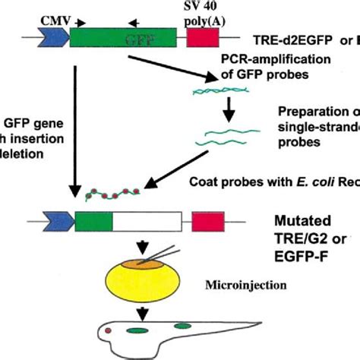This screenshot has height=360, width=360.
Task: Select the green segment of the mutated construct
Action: coord(93,221)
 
